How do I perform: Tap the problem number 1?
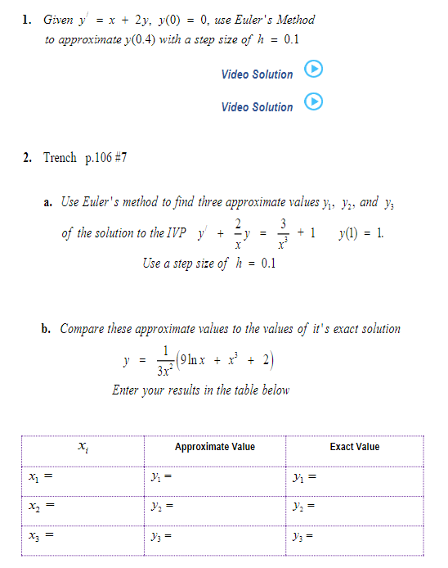[x=27, y=20]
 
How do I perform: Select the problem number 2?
[x=27, y=157]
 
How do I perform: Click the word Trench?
[x=60, y=157]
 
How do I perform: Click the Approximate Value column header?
[x=214, y=447]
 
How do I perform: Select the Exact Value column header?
[x=354, y=447]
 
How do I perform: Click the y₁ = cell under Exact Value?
[x=302, y=476]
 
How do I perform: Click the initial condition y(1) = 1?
[x=360, y=232]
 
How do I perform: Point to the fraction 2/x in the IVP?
[x=237, y=232]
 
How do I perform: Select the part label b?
[x=47, y=329]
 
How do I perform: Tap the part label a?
[x=47, y=202]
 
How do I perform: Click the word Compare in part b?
[x=82, y=329]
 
